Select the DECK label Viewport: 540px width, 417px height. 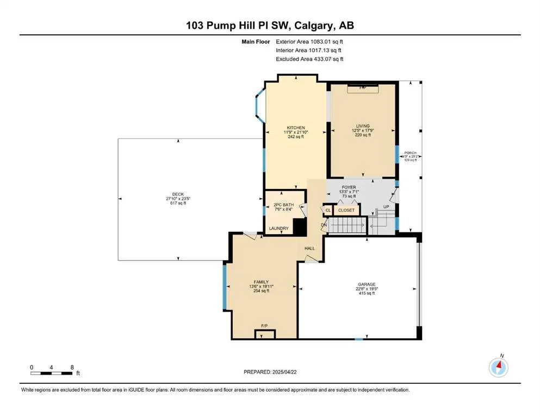tap(178, 194)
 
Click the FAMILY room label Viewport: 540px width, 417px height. tap(261, 282)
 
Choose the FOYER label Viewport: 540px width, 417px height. tap(349, 187)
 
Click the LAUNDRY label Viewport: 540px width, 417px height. tap(278, 229)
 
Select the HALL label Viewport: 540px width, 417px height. tap(309, 248)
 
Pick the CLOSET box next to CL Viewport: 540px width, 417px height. tap(346, 210)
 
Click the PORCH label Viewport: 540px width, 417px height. tap(409, 155)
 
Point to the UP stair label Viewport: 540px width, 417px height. tap(387, 207)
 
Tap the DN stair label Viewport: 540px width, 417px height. tap(324, 225)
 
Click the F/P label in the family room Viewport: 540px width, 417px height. tap(265, 326)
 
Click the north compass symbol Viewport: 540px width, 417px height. tap(498, 368)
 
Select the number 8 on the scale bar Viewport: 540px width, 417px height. tap(72, 367)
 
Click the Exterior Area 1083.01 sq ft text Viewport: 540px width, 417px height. tap(309, 41)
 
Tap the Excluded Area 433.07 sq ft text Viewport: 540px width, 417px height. tap(309, 59)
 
